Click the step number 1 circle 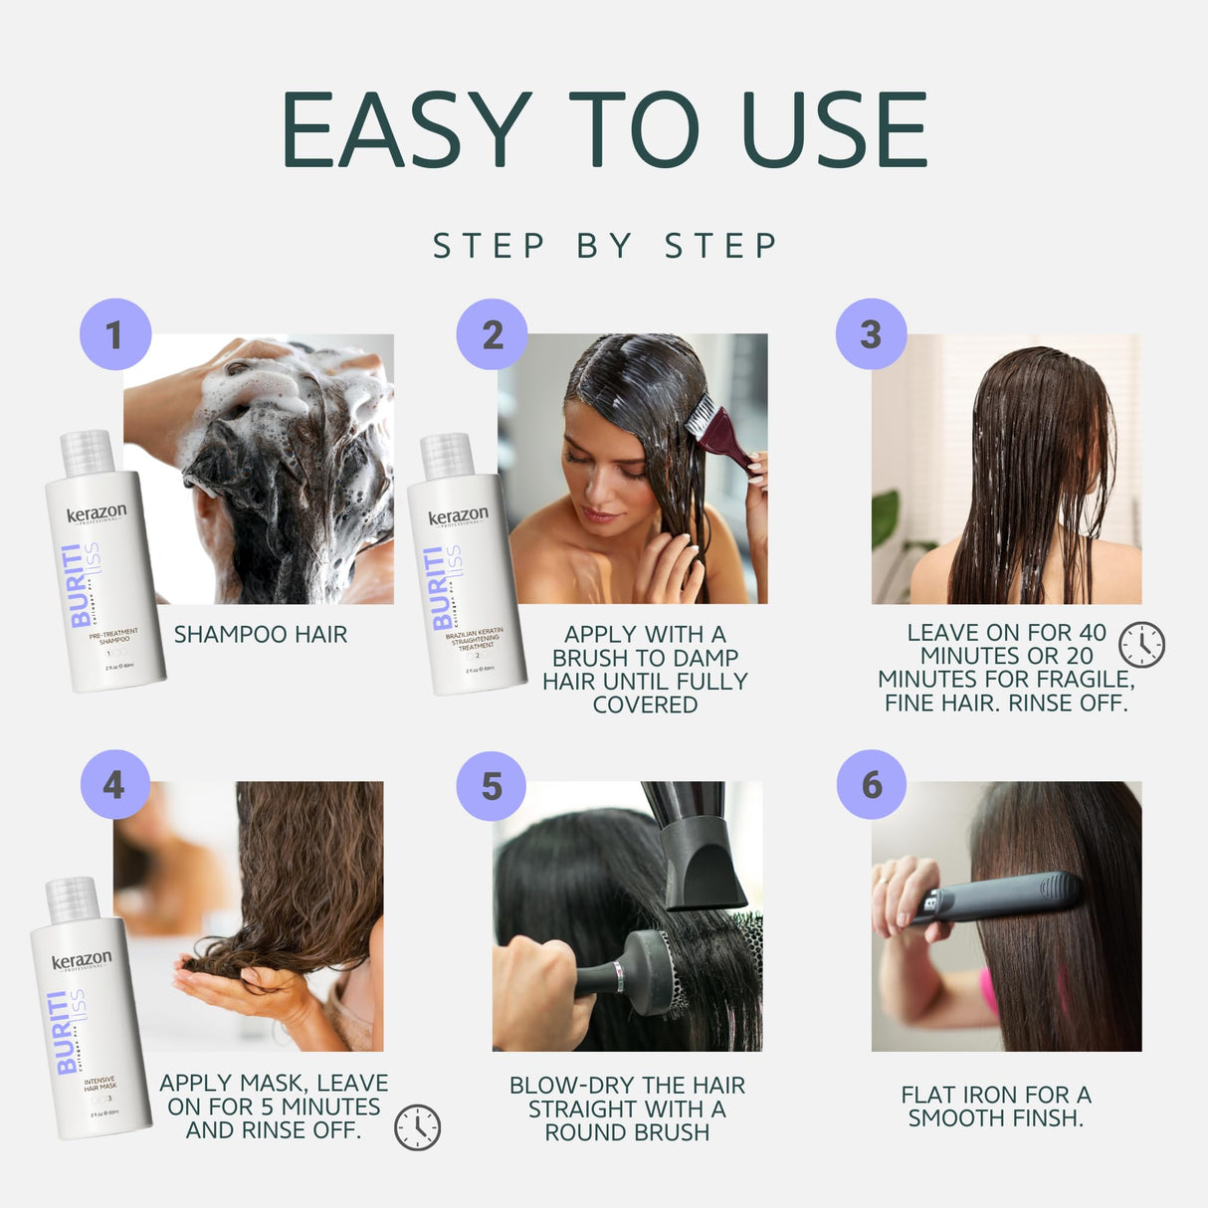[x=115, y=334]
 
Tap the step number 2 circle [x=492, y=334]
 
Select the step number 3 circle [x=871, y=334]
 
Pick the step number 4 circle [x=114, y=785]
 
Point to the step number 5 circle [x=492, y=786]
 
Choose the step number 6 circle [x=872, y=785]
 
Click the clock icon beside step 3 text [x=1141, y=645]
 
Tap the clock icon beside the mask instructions [x=417, y=1127]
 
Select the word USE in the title [x=834, y=130]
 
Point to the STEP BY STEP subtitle [x=604, y=246]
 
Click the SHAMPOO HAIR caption [x=261, y=635]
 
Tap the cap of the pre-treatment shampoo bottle [x=87, y=454]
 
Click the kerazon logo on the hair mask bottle [x=82, y=961]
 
